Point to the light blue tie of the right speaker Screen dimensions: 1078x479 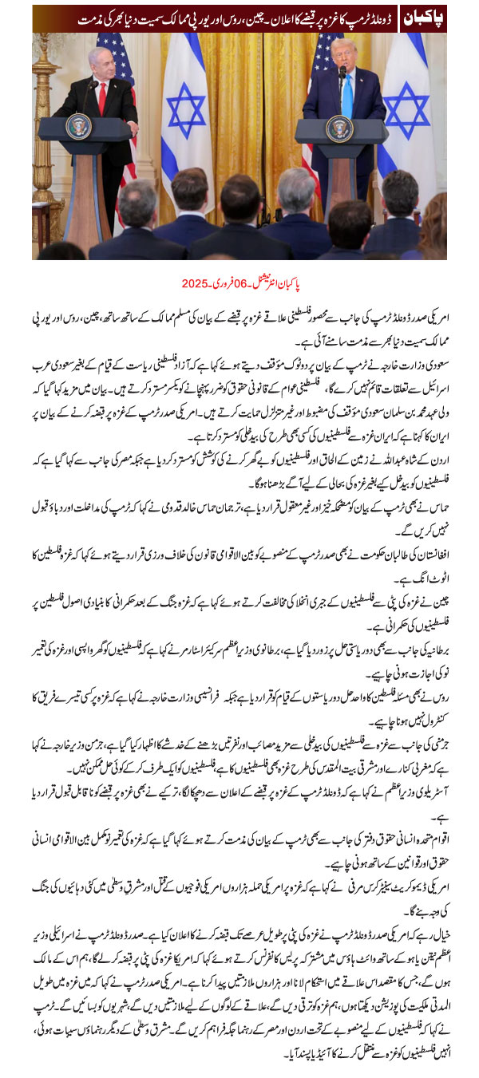point(347,95)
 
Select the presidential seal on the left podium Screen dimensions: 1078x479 point(79,127)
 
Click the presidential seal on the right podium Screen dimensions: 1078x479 point(338,128)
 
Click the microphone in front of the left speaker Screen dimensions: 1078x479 point(89,85)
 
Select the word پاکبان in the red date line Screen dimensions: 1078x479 point(295,284)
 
